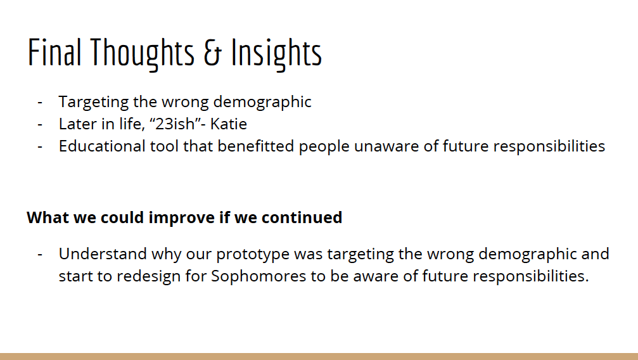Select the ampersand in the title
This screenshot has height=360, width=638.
tap(213, 53)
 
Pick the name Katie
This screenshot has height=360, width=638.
tap(228, 124)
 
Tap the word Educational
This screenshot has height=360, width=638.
tap(102, 146)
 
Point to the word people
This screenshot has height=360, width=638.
tap(324, 147)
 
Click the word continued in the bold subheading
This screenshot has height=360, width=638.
tap(302, 217)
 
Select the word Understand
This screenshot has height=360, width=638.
tap(103, 254)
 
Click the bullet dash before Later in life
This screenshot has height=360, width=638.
tap(40, 124)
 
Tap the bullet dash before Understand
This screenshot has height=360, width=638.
tap(40, 254)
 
